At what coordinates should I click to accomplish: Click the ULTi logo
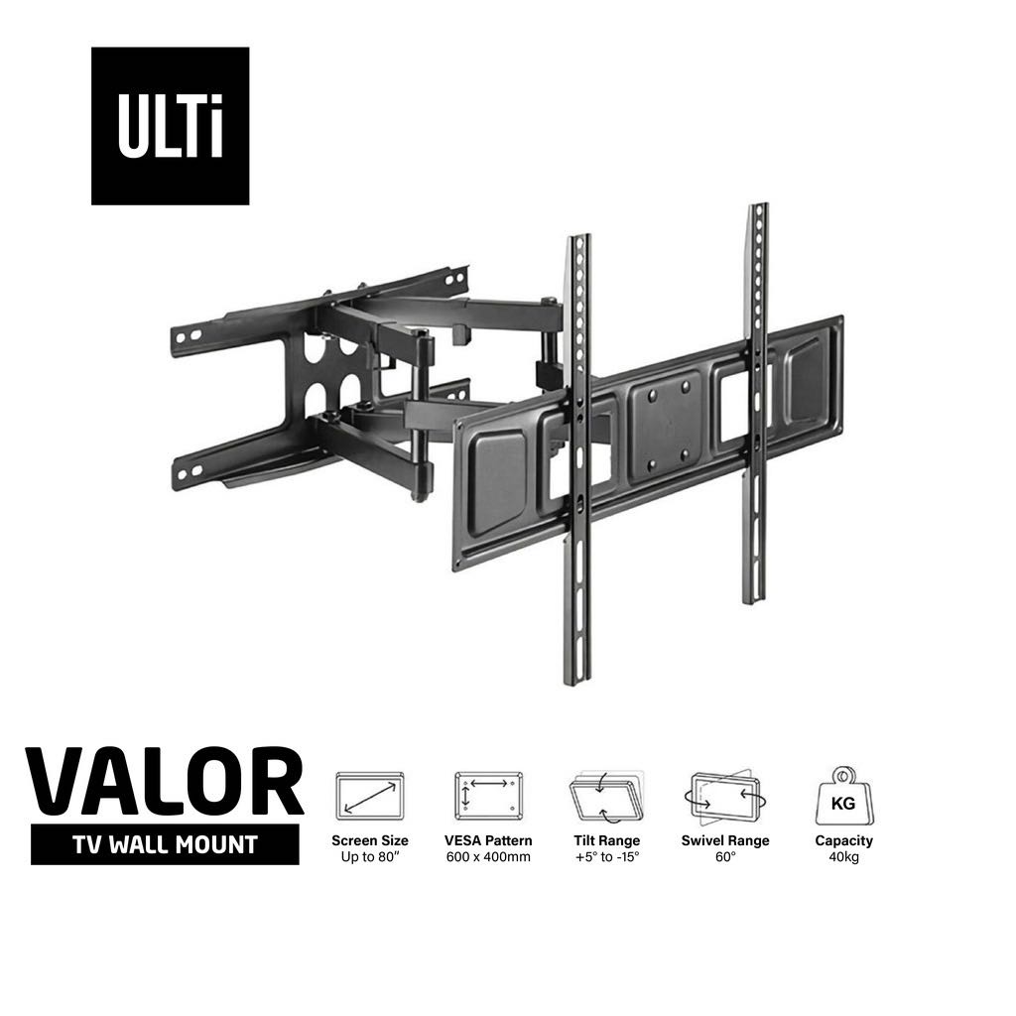170,126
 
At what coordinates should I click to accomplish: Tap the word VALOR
164,784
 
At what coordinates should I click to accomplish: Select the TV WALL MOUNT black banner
165,844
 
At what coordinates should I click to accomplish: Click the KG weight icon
843,795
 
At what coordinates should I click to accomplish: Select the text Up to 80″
369,857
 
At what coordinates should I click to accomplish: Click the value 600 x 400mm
487,857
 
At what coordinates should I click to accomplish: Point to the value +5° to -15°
606,857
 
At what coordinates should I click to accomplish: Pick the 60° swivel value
724,857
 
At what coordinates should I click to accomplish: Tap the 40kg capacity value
843,857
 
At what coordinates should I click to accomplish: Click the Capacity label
843,840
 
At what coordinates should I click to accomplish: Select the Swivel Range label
724,840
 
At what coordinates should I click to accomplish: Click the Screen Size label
369,840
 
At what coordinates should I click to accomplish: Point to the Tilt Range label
606,840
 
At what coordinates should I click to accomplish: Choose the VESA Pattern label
487,840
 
